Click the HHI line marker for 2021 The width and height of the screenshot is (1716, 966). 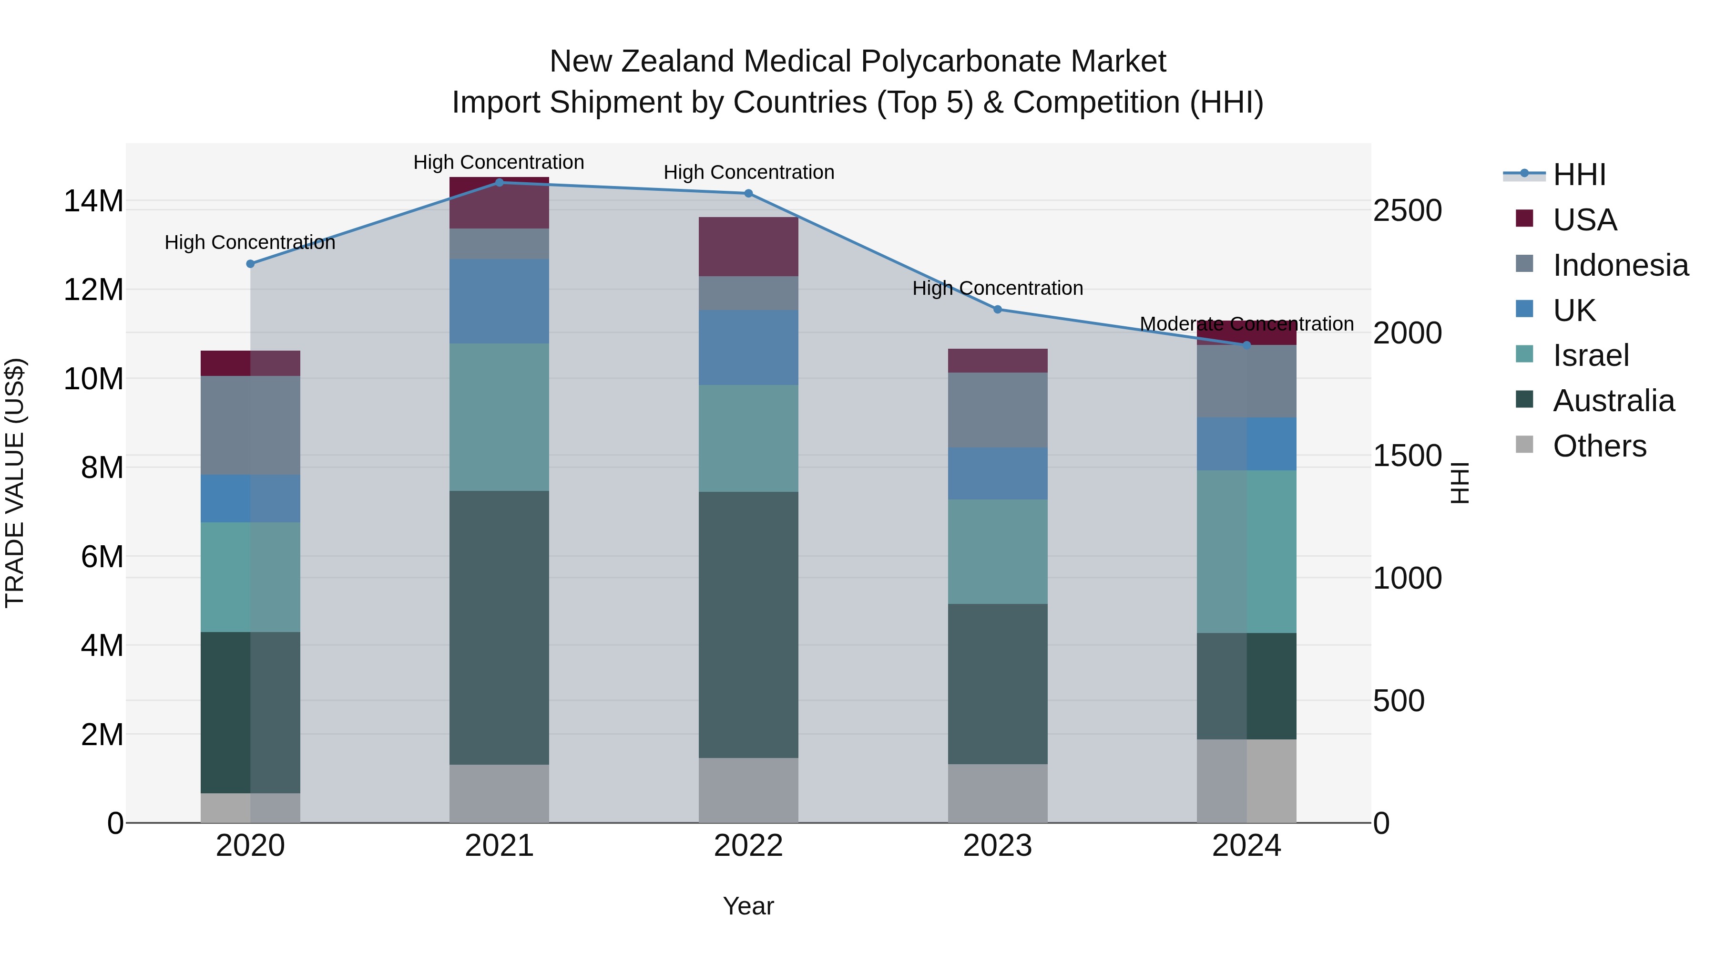point(499,183)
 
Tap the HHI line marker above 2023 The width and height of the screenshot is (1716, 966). point(997,309)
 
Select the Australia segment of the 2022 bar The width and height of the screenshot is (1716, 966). point(748,624)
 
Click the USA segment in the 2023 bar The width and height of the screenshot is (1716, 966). point(997,361)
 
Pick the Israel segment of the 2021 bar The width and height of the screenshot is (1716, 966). point(499,417)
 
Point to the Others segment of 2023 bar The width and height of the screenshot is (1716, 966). point(997,793)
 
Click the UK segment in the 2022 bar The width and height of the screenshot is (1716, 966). point(748,347)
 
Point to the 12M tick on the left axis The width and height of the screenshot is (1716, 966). point(93,290)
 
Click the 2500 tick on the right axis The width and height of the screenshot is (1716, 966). point(1408,211)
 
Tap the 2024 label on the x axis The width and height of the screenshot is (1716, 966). point(1246,846)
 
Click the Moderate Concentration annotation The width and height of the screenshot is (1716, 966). point(1246,324)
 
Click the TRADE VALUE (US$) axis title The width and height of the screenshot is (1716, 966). point(15,483)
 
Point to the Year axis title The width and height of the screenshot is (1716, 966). point(748,906)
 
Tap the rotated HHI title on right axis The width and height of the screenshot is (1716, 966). point(1459,483)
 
